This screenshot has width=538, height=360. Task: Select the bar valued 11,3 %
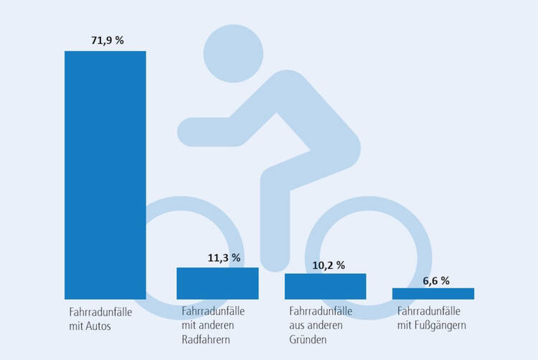[x=217, y=283]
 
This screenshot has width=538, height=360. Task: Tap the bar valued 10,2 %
[x=325, y=285]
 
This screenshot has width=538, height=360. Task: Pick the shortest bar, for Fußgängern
[x=433, y=293]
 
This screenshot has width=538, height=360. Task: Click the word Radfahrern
[x=206, y=340]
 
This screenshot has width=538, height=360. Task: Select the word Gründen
[x=308, y=340]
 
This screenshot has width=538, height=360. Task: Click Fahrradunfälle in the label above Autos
[x=97, y=313]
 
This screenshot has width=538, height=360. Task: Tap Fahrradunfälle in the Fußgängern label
[x=429, y=313]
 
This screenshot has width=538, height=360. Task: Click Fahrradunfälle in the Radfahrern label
[x=213, y=313]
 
